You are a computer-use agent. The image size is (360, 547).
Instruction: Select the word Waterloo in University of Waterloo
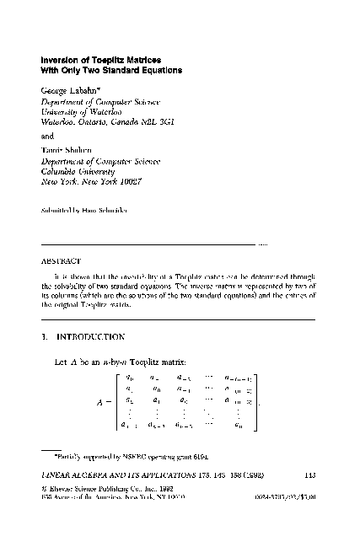(102, 111)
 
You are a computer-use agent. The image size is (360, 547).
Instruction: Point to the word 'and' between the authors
(48, 134)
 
